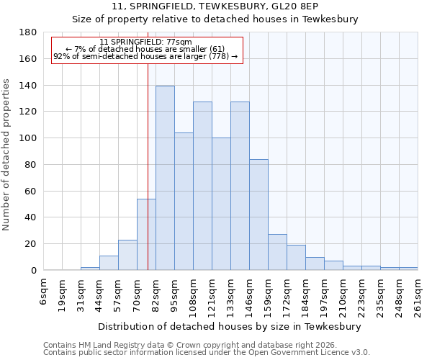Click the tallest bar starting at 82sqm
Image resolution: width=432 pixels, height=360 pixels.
(165, 178)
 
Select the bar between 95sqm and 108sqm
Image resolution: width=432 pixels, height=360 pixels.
(184, 201)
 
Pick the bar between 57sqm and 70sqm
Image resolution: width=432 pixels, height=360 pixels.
(127, 255)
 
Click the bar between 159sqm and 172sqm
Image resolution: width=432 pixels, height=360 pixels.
(277, 252)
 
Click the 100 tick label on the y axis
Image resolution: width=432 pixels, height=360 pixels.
(30, 138)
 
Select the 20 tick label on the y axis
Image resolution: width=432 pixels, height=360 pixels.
(32, 244)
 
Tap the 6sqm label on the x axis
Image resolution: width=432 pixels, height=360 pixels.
(44, 292)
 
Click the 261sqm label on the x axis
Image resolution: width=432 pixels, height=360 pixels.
(418, 294)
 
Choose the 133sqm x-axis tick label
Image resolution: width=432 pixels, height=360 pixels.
(230, 294)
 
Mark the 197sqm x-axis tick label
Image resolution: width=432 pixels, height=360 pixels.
(324, 294)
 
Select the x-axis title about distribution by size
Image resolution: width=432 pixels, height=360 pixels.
(230, 326)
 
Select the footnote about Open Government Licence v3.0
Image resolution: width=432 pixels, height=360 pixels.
(207, 353)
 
